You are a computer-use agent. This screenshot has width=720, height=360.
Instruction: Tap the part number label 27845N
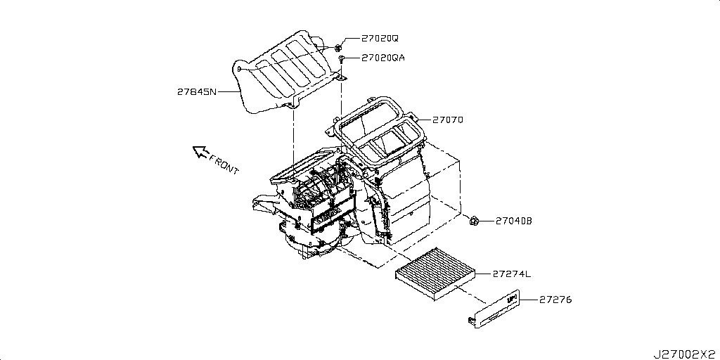click(197, 91)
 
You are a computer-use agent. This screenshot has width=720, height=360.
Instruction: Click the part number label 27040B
click(514, 221)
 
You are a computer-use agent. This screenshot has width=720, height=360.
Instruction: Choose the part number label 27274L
click(513, 274)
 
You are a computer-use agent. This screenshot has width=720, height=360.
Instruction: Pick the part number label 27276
click(556, 300)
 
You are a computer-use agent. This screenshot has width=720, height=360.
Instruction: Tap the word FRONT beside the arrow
click(224, 164)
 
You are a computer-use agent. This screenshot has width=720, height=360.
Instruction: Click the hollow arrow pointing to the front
click(202, 150)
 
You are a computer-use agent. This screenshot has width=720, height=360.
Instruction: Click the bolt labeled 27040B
click(475, 222)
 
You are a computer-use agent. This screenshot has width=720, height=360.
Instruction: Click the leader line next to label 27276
click(528, 300)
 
